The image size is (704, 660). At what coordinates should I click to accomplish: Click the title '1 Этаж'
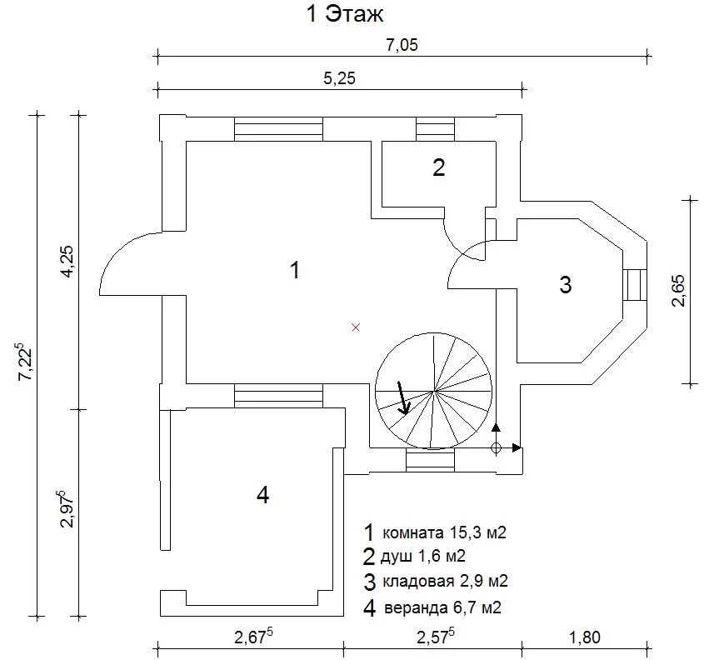click(345, 13)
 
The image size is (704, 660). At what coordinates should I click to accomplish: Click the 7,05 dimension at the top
click(402, 45)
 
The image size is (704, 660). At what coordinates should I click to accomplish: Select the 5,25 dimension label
click(339, 78)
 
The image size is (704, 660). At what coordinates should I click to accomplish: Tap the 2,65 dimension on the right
click(678, 291)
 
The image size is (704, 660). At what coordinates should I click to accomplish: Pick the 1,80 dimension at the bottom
click(585, 637)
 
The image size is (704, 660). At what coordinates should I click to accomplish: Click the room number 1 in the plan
click(295, 270)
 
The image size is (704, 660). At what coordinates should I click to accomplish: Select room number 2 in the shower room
click(439, 167)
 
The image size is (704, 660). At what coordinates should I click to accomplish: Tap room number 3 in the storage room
click(566, 285)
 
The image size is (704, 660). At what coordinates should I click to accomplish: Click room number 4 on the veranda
click(263, 495)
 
